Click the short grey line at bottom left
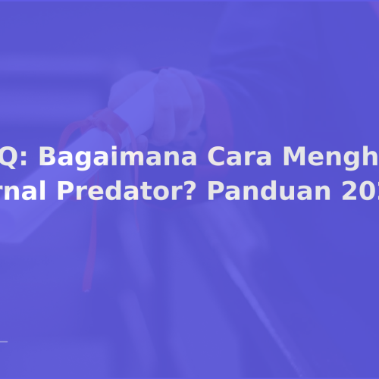[4, 342]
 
